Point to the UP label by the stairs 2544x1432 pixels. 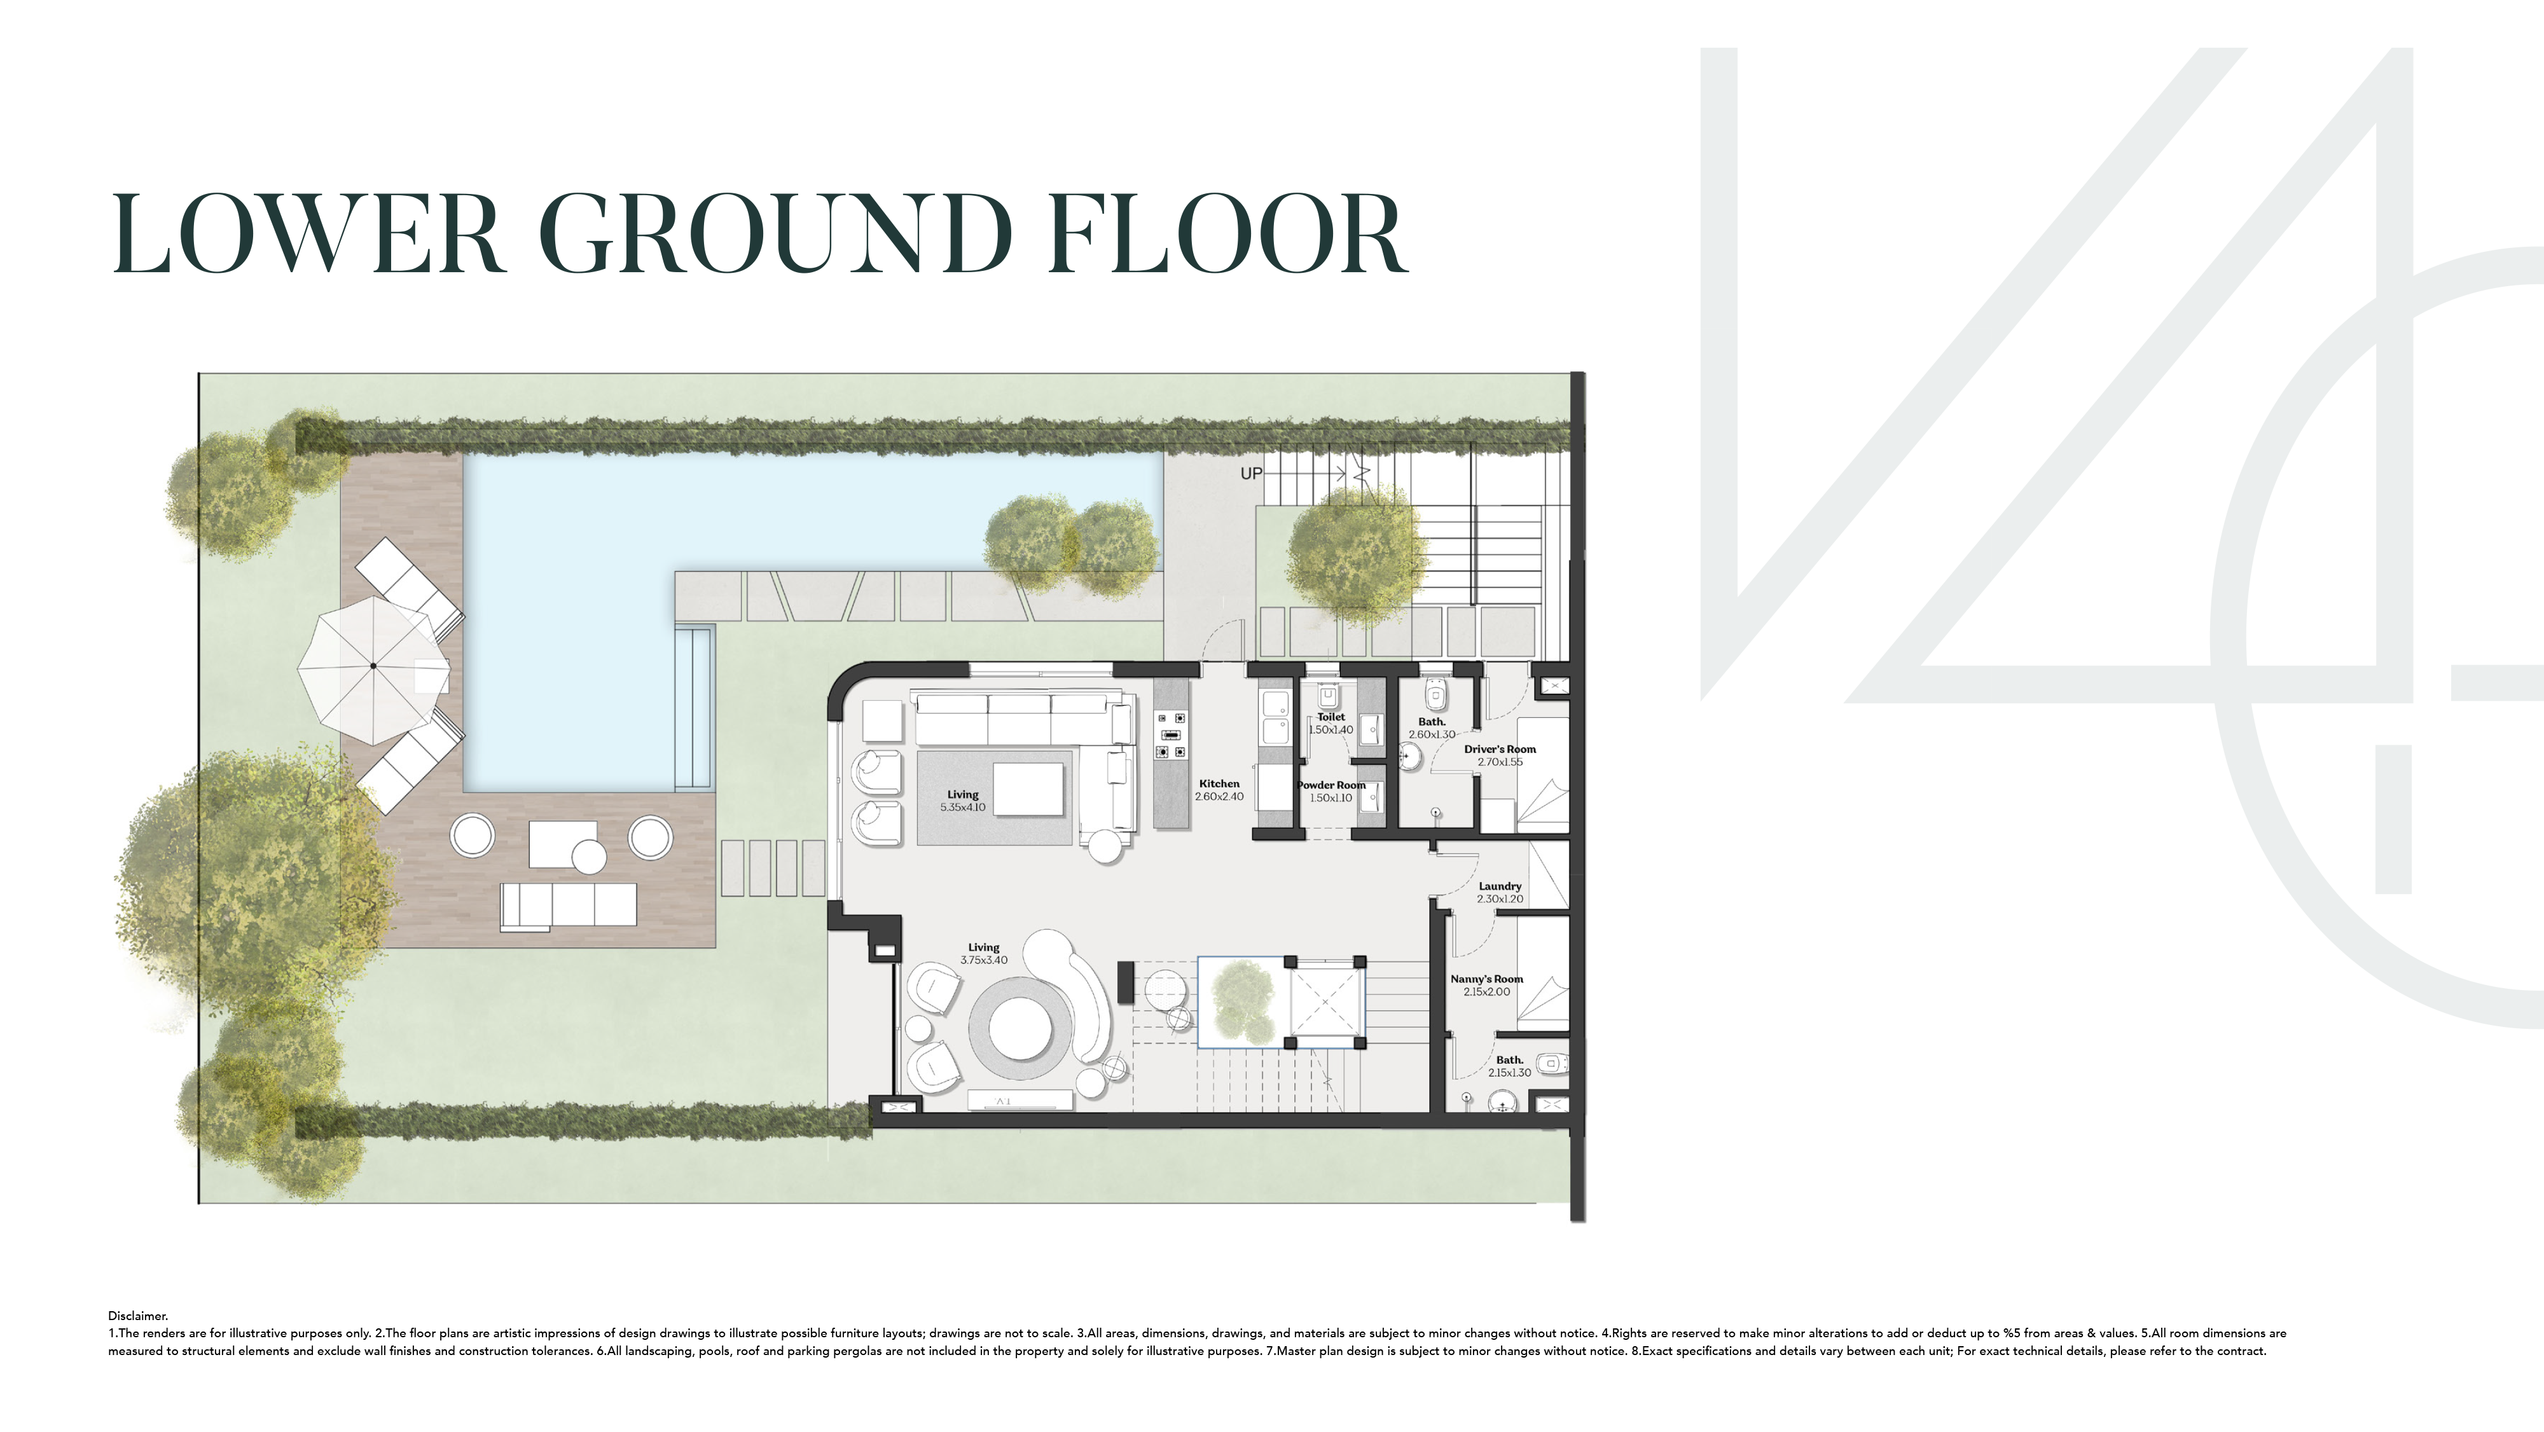pos(1251,474)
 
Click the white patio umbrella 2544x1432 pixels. pos(373,666)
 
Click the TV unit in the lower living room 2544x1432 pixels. pos(1019,1100)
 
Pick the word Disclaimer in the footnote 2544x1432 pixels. pos(138,1316)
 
